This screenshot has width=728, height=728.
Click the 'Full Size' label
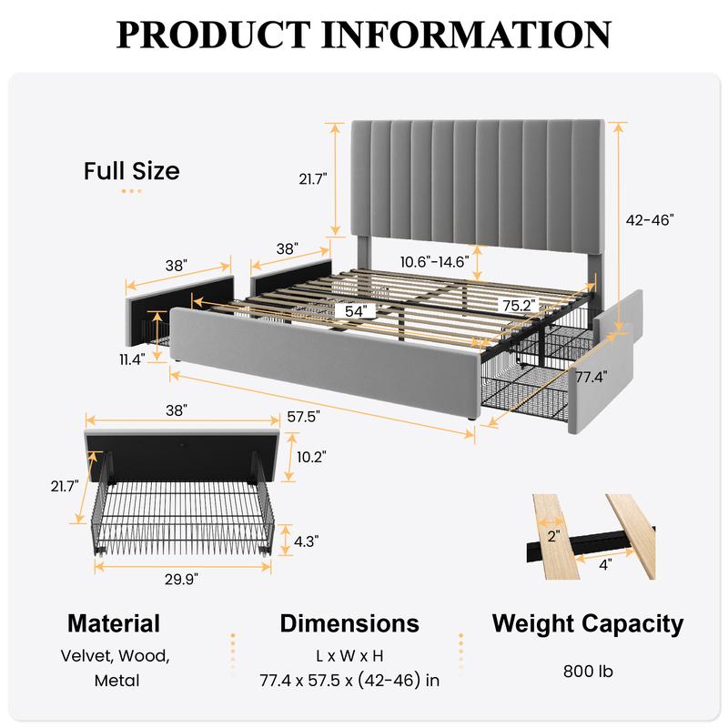[x=131, y=171]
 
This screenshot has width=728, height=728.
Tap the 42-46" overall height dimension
[x=650, y=220]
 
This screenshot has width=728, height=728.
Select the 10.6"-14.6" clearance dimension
[x=435, y=262]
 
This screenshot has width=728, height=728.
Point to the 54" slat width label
[x=356, y=311]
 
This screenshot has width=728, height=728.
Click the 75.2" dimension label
[x=519, y=306]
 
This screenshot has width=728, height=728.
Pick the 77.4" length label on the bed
[x=591, y=377]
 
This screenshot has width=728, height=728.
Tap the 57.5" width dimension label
[x=304, y=417]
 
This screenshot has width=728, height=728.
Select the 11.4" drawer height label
[x=132, y=359]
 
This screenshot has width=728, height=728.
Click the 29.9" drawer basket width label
[x=181, y=580]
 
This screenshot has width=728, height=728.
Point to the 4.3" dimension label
[x=307, y=541]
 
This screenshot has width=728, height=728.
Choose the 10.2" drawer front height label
[x=311, y=457]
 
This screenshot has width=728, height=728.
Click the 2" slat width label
[x=553, y=536]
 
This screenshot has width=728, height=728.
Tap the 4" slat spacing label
[x=605, y=565]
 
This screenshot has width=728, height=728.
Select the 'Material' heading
[x=114, y=623]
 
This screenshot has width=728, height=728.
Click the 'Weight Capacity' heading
[x=588, y=624]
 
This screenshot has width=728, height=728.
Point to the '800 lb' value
[x=588, y=672]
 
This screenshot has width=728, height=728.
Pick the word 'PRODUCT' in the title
[x=213, y=35]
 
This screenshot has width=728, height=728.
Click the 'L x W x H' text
[x=349, y=656]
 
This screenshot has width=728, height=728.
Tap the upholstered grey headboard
[x=479, y=181]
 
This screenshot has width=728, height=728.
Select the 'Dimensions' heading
[x=349, y=623]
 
